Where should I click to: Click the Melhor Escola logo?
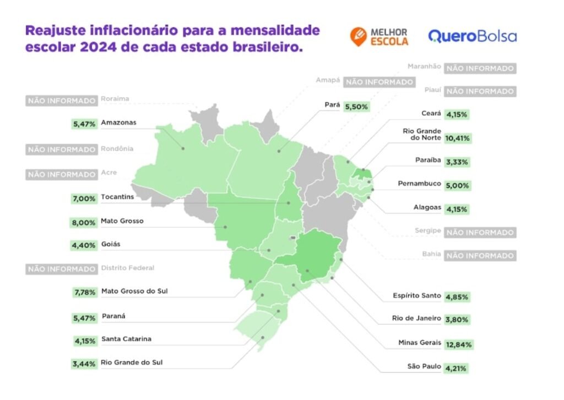point(379,36)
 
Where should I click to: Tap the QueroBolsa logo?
point(472,36)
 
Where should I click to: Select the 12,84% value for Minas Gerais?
point(458,344)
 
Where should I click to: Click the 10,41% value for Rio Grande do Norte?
point(458,138)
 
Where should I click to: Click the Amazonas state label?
point(118,123)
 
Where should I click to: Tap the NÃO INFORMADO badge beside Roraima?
point(61,101)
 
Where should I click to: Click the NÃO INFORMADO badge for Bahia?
point(480,256)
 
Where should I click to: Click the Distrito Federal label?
point(127,268)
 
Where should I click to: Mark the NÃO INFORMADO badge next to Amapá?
point(378,82)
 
